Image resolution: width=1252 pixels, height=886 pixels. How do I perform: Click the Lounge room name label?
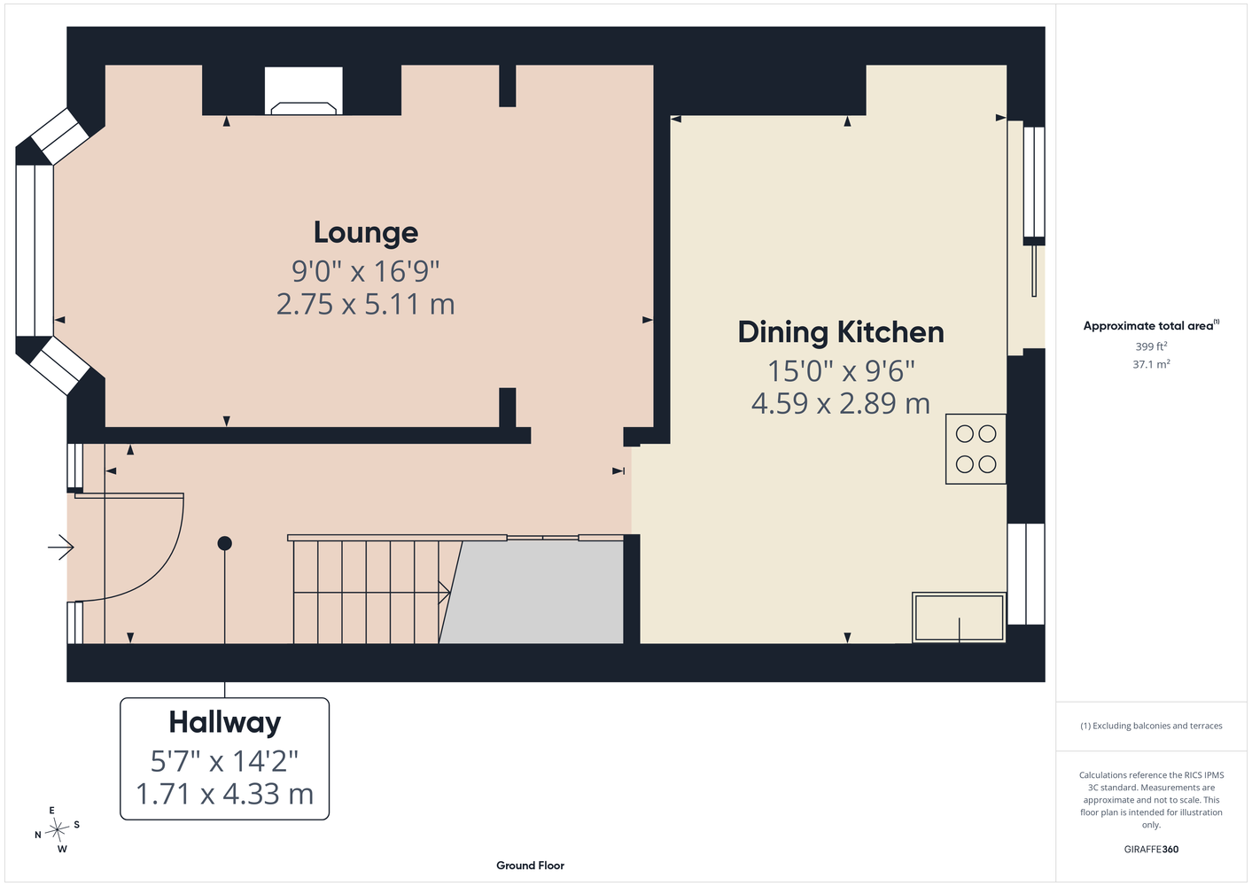(x=366, y=232)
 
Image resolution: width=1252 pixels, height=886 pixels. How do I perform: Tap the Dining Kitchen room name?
(x=841, y=332)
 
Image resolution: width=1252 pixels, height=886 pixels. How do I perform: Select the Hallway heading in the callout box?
(x=225, y=722)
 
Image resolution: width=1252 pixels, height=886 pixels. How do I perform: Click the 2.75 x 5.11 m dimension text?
(x=366, y=305)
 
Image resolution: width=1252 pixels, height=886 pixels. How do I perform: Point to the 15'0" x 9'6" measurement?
(x=841, y=370)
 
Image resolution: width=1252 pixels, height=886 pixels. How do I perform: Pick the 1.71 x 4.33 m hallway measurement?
(x=225, y=794)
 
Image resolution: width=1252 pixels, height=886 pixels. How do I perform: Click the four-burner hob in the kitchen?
(x=976, y=449)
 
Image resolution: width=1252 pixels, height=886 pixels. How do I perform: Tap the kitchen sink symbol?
(x=959, y=618)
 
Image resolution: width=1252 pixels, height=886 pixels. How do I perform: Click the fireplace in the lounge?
(x=304, y=91)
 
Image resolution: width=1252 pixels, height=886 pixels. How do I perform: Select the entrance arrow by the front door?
(x=61, y=547)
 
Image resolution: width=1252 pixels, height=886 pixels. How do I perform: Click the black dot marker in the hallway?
(x=225, y=543)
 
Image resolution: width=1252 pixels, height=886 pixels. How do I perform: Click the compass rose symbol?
(x=57, y=830)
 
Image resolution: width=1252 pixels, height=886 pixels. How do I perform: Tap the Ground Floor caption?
(x=531, y=866)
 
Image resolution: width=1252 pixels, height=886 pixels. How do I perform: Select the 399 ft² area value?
(x=1151, y=346)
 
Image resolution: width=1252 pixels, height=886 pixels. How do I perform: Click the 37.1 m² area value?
(x=1151, y=364)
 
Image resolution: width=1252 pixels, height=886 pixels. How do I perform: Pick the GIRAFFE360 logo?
(x=1151, y=849)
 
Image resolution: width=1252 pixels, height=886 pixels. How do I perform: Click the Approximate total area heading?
(x=1151, y=326)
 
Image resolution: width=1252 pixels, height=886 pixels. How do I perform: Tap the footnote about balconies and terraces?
(x=1151, y=726)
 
